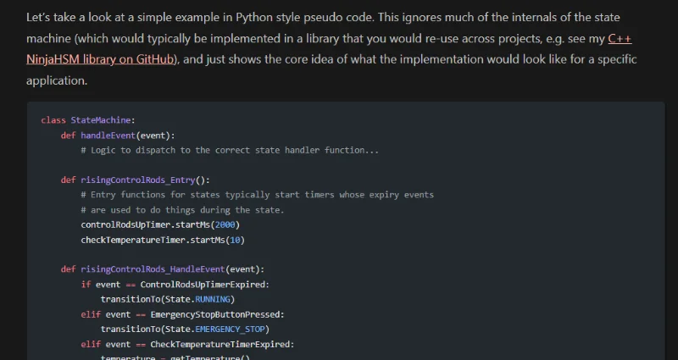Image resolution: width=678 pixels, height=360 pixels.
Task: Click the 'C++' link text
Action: (620, 39)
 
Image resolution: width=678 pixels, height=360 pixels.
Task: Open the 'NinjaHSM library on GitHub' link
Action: (100, 59)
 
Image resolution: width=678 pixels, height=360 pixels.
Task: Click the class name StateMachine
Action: (101, 120)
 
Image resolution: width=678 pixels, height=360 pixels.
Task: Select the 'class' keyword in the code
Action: (53, 120)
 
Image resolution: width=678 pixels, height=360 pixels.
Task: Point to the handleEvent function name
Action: (108, 136)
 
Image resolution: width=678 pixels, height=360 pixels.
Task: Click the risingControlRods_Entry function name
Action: (138, 180)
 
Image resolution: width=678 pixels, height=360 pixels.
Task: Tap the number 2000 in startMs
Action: (225, 224)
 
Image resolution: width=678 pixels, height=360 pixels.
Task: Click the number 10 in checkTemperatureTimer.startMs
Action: (235, 240)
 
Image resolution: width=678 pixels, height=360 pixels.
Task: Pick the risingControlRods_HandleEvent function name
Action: (153, 269)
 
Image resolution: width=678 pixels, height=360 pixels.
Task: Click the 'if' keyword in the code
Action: (86, 285)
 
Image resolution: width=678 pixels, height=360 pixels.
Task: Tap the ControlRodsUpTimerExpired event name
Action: (203, 285)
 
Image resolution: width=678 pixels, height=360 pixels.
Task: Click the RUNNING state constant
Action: (213, 299)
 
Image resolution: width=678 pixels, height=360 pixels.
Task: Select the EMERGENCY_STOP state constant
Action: (230, 330)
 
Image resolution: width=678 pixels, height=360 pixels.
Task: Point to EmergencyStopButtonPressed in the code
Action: (215, 314)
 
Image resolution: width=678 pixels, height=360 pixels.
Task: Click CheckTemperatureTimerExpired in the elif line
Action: (220, 344)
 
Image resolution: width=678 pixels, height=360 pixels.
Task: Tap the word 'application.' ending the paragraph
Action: (57, 80)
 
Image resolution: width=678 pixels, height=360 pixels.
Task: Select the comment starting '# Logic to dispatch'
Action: (230, 151)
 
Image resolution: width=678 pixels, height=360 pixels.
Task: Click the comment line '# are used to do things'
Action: (182, 210)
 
